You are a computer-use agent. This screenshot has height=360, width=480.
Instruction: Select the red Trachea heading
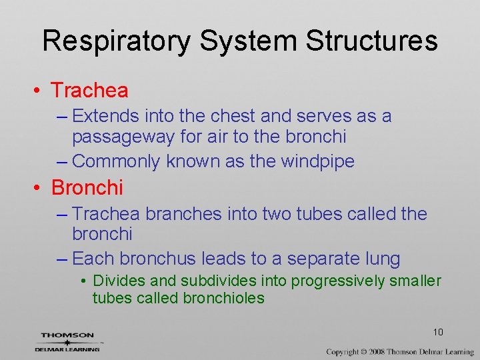point(89,89)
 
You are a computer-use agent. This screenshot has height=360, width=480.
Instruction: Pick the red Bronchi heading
point(87,188)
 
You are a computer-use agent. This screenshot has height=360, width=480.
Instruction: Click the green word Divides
point(115,281)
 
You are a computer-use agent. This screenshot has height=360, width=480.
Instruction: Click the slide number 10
point(438,332)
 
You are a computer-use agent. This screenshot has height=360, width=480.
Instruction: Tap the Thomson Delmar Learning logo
point(69,341)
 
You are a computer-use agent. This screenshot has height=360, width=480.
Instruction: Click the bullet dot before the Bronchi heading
point(41,188)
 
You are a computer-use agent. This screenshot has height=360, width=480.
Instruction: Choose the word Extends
point(101,116)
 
